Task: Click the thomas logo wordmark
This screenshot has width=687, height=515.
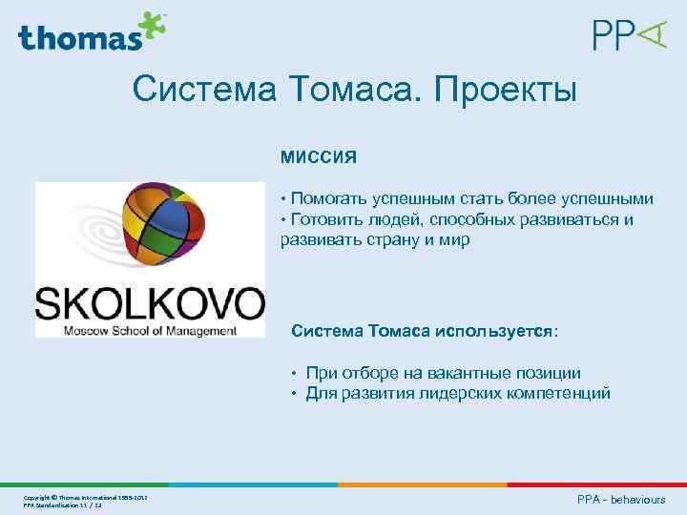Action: (78, 37)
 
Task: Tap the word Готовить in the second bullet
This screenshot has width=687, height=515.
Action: (328, 219)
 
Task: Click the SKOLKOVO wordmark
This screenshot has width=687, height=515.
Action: (150, 303)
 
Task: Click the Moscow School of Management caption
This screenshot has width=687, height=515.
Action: (150, 331)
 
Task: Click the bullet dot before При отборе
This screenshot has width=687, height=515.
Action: (296, 374)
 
